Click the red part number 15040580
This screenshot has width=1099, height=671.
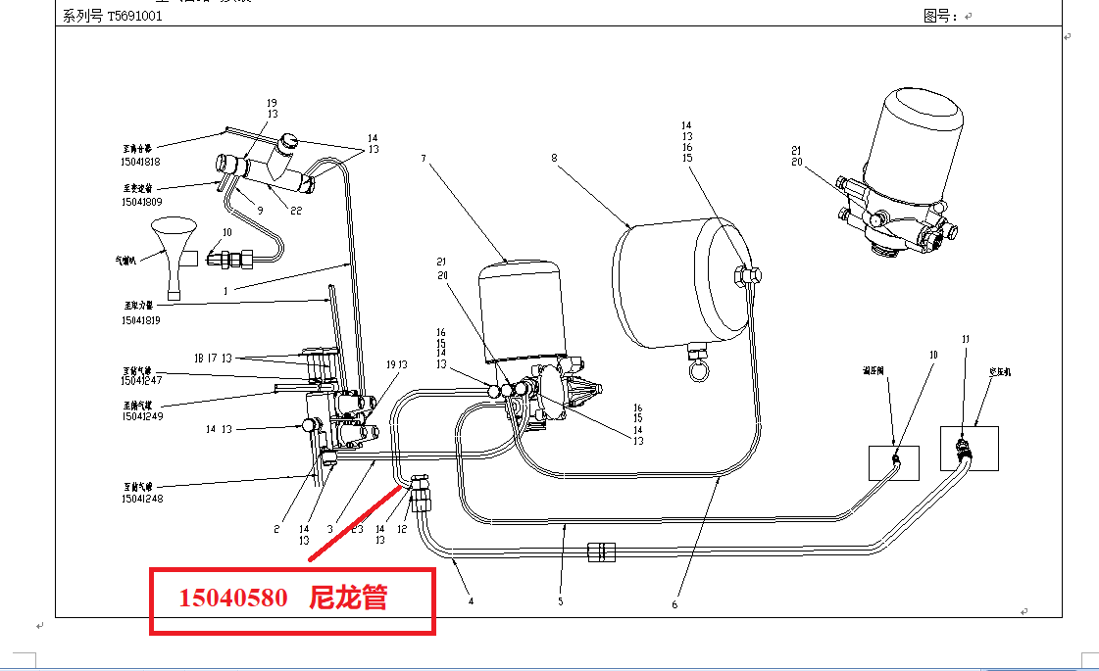click(x=232, y=598)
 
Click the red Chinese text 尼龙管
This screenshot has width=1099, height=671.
click(x=348, y=598)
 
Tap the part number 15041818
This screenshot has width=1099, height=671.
click(x=141, y=163)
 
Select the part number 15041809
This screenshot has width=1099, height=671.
click(x=141, y=201)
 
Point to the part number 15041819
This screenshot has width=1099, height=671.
click(x=141, y=320)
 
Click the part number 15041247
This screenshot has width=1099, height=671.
click(x=142, y=380)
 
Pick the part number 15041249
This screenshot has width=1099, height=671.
click(x=142, y=417)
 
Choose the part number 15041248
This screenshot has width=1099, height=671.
click(x=142, y=499)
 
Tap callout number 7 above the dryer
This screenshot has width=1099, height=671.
click(x=424, y=158)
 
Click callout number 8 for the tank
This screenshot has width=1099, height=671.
click(x=554, y=157)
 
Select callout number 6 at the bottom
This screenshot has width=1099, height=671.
click(x=674, y=604)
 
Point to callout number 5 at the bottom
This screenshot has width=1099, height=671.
click(x=561, y=601)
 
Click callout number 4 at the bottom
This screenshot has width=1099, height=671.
click(x=472, y=600)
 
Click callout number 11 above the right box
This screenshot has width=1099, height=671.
click(x=965, y=339)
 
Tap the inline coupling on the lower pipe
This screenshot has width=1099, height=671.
click(x=599, y=551)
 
